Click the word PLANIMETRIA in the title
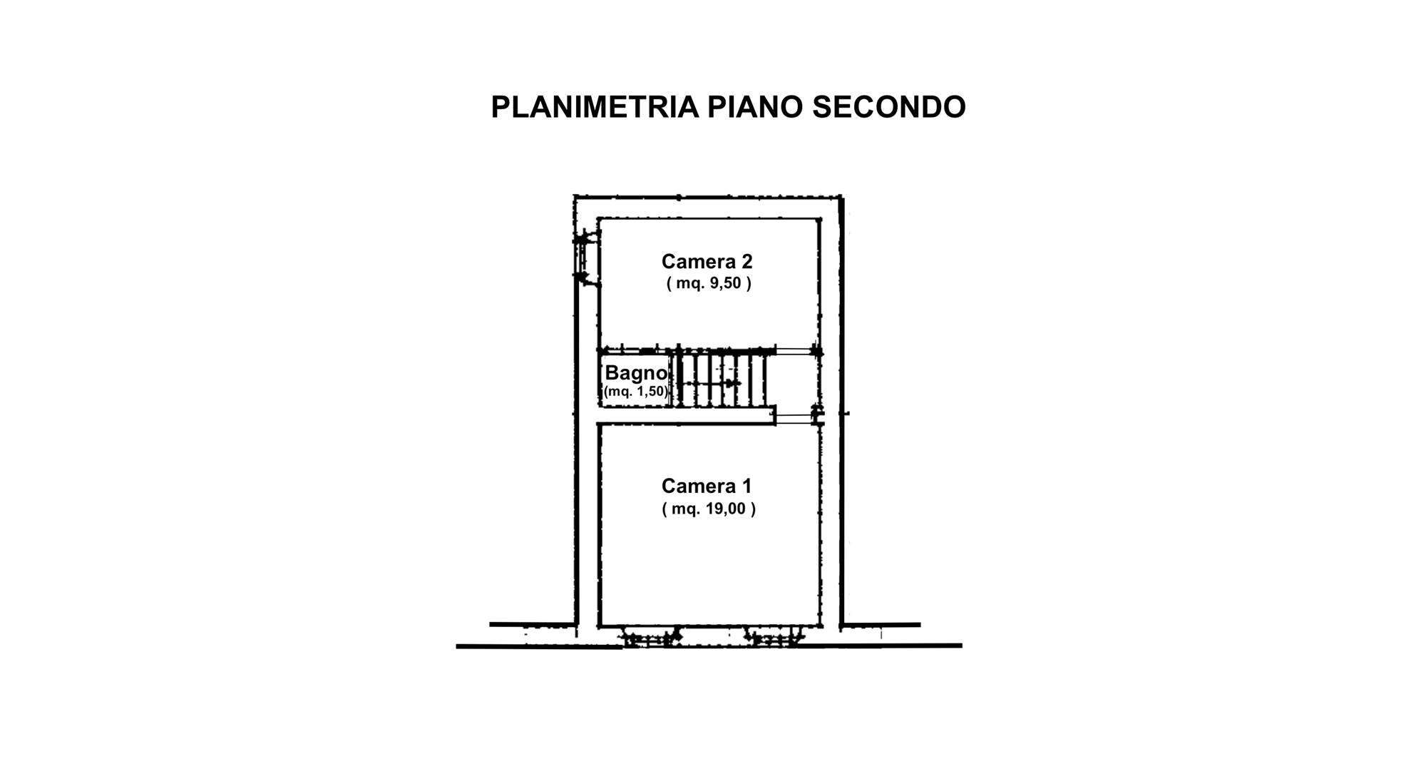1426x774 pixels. (595, 107)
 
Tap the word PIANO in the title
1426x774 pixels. (755, 107)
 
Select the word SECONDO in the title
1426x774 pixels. (889, 107)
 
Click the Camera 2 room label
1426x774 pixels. (707, 261)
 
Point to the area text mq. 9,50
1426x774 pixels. (709, 283)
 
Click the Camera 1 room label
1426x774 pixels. (706, 486)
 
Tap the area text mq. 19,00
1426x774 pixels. (709, 509)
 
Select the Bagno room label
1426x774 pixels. (636, 373)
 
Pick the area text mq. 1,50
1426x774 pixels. (636, 391)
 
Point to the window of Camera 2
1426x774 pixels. (584, 258)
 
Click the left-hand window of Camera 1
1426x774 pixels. (650, 638)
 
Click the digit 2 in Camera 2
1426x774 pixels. (747, 261)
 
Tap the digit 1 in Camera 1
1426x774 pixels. (746, 486)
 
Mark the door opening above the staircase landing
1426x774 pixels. (795, 351)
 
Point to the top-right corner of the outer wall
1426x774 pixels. (842, 196)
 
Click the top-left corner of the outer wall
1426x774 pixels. (575, 196)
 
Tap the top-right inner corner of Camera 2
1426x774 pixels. (818, 220)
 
